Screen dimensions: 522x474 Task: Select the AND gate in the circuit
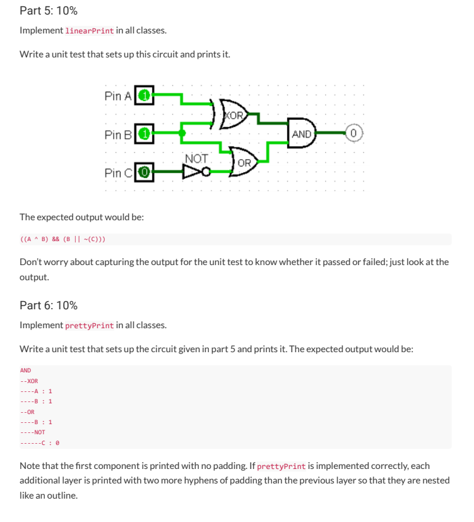click(x=302, y=134)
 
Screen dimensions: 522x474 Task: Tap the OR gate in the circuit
click(x=244, y=162)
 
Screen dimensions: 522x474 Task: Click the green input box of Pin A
click(x=145, y=96)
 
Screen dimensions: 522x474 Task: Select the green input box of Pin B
click(x=145, y=134)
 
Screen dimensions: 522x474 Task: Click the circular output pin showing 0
click(x=355, y=134)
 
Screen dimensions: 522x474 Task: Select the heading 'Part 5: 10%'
click(x=49, y=10)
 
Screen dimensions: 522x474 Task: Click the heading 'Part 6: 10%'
click(x=49, y=305)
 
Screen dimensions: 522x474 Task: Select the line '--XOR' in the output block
click(x=29, y=381)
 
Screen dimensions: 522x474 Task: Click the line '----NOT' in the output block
click(x=32, y=432)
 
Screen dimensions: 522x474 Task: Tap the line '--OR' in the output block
click(x=27, y=412)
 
